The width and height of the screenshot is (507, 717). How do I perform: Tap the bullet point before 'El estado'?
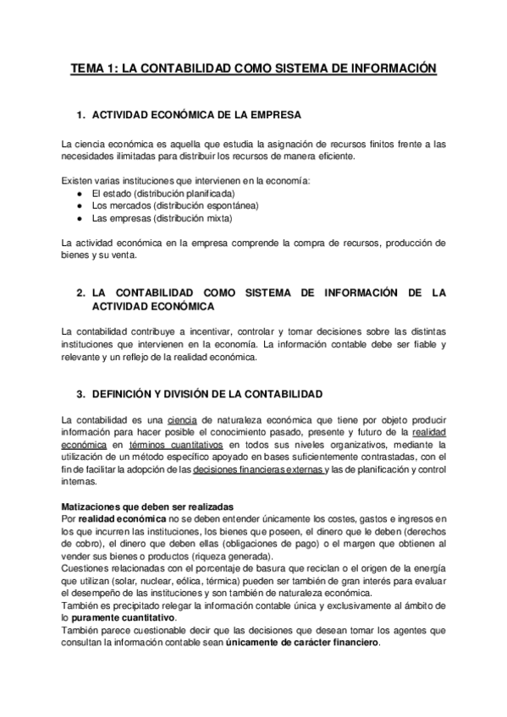[80, 194]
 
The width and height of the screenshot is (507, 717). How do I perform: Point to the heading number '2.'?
[81, 293]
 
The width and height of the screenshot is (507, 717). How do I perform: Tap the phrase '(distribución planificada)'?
[175, 194]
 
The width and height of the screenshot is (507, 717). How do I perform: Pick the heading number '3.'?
[81, 395]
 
